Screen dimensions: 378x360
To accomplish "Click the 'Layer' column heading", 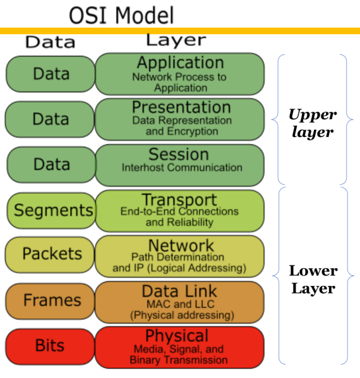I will [x=176, y=40].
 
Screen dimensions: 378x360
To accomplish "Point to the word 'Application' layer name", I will [x=180, y=62].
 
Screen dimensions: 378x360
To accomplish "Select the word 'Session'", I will [x=179, y=154].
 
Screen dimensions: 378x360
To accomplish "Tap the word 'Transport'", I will [x=179, y=200].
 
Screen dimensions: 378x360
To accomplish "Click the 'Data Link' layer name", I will [x=179, y=291].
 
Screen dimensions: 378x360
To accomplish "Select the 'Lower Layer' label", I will [x=313, y=280].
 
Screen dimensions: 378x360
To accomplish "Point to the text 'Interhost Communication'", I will [x=182, y=168].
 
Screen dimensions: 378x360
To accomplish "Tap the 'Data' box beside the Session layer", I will [x=51, y=164].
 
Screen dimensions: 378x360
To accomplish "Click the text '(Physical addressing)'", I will [x=181, y=314].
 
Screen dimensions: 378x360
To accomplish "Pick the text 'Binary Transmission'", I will [x=178, y=360].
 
